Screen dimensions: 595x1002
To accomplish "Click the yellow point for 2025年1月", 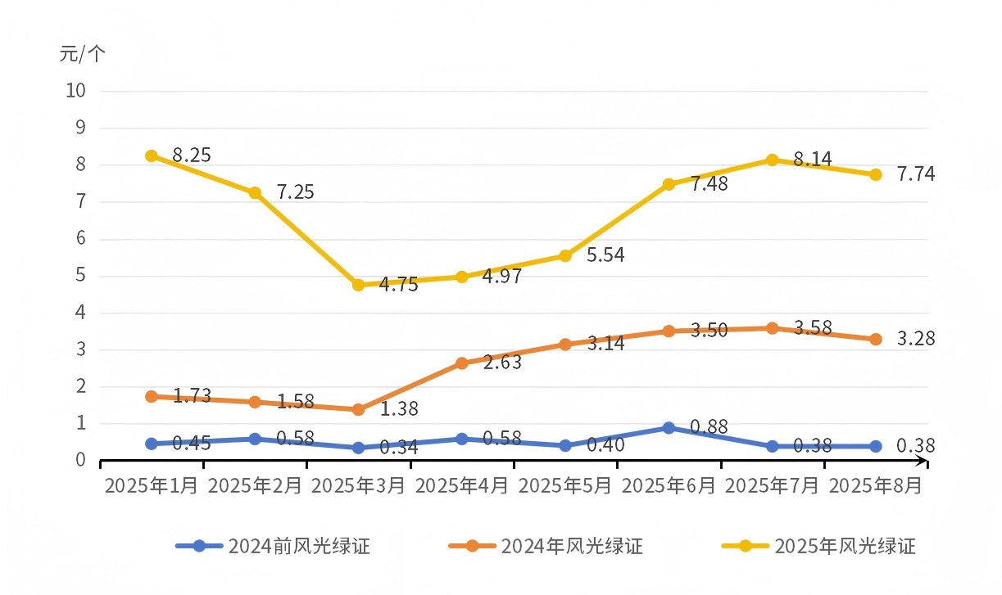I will [152, 156].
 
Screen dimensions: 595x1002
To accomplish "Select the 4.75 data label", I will [398, 285].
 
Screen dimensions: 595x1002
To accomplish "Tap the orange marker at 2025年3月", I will [358, 409].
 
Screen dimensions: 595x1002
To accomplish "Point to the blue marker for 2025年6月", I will [669, 428].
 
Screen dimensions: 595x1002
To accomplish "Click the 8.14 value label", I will [812, 160].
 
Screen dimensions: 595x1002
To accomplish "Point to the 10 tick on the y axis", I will [75, 91].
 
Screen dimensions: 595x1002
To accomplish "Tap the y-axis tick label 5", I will [80, 276].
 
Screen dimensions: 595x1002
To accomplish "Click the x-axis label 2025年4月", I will [462, 485].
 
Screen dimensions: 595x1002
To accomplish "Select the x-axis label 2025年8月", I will [876, 485].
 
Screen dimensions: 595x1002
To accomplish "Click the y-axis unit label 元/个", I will [83, 55].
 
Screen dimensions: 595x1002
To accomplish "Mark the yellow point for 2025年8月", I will [875, 174].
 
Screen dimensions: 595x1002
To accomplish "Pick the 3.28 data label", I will [915, 339].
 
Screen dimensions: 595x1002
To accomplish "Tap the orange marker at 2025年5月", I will [565, 344].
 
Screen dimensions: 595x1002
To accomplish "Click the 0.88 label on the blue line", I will [709, 426].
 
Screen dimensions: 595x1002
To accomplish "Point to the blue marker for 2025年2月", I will [255, 439].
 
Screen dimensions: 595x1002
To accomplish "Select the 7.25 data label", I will [295, 193].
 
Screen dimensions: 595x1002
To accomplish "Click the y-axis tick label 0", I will [80, 461].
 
